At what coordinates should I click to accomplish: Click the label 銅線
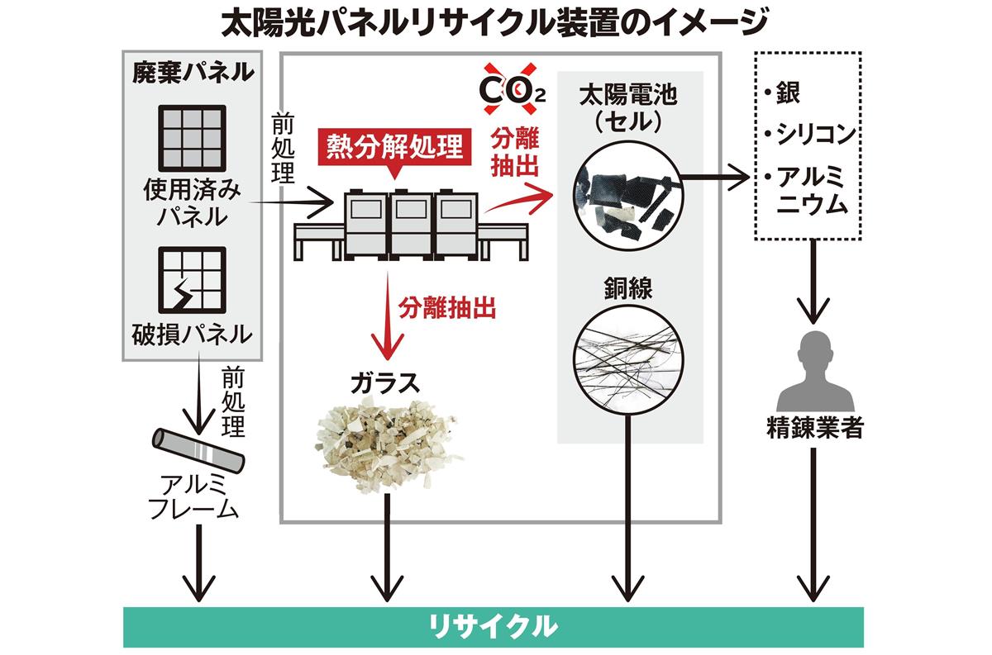click(627, 289)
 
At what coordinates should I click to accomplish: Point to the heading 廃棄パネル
click(193, 73)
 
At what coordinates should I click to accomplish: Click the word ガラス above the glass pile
click(385, 382)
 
